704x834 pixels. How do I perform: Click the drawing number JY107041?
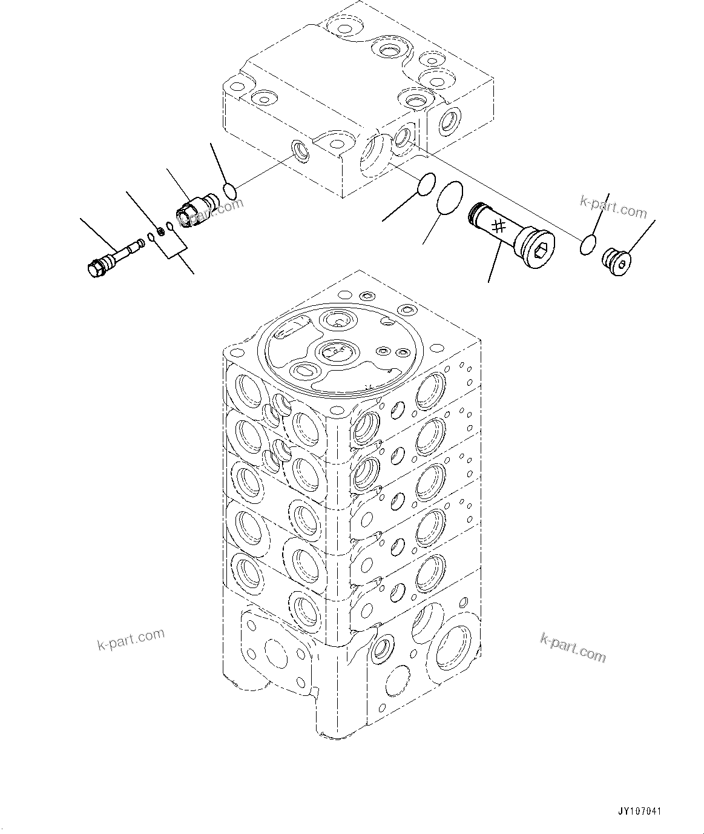click(x=639, y=811)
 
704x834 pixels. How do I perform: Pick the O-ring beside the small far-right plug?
click(x=586, y=246)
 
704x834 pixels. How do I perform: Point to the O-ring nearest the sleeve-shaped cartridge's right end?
click(x=230, y=191)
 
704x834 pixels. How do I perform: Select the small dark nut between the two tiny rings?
click(x=161, y=230)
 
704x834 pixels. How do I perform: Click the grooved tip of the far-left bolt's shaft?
click(x=142, y=243)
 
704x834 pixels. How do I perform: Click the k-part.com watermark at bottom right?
click(x=572, y=648)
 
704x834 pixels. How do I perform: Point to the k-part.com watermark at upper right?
click(x=613, y=207)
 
